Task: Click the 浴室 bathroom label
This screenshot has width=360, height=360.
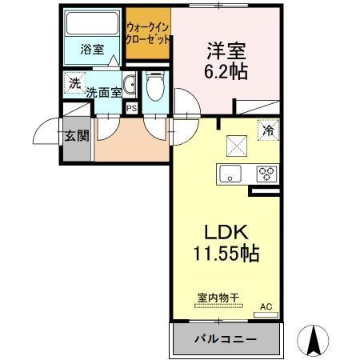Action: click(91, 50)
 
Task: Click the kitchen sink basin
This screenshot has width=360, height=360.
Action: click(230, 173)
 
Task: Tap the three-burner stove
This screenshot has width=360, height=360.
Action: click(266, 173)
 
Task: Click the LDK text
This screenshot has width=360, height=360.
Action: click(228, 233)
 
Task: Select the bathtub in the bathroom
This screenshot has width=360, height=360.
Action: click(92, 24)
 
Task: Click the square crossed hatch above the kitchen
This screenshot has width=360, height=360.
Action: click(237, 144)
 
